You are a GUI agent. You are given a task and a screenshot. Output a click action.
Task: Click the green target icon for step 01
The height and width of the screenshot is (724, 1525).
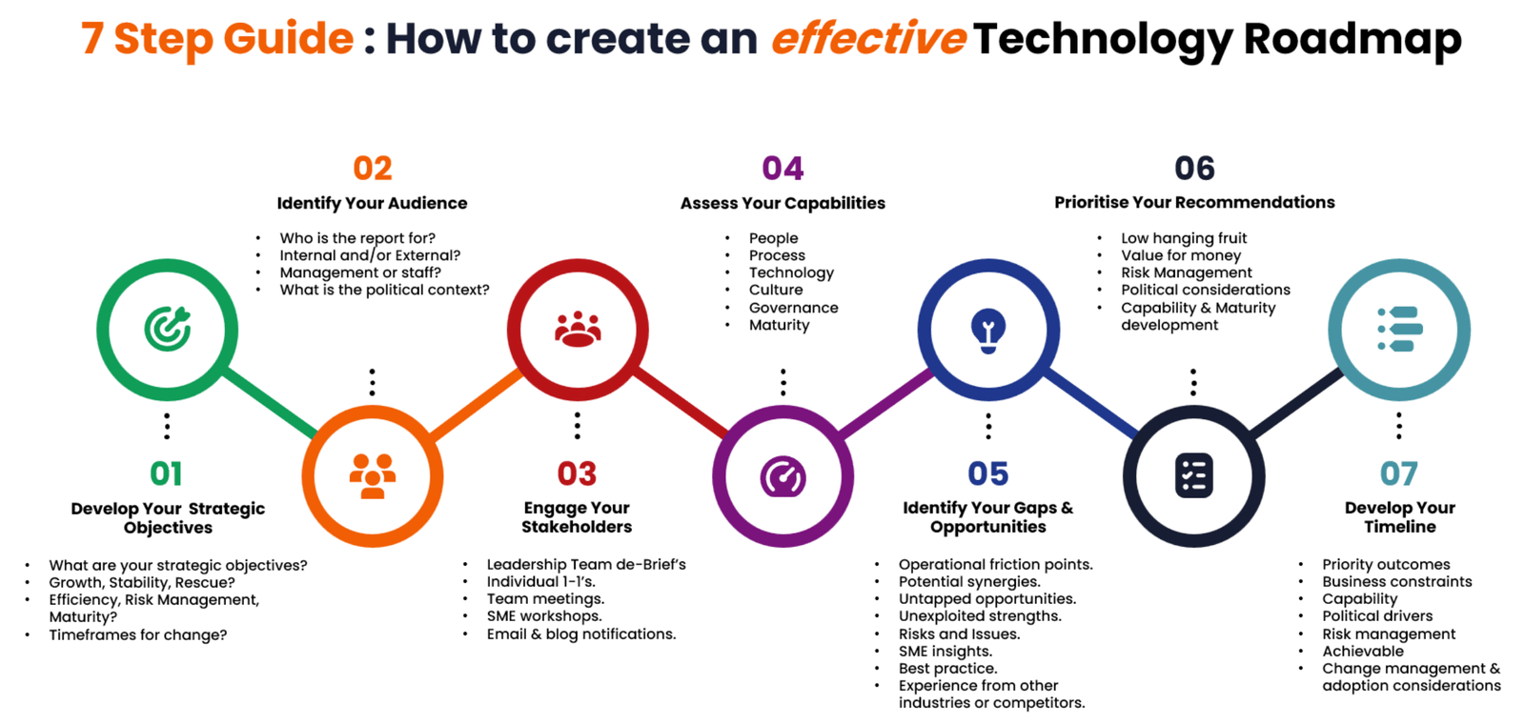(x=168, y=330)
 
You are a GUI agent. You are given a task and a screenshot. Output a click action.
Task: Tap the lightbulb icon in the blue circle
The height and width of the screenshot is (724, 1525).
(x=988, y=331)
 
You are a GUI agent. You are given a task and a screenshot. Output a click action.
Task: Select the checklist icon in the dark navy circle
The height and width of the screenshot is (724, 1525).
(x=1194, y=475)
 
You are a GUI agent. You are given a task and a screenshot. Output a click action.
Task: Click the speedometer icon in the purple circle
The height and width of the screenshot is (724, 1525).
(x=783, y=476)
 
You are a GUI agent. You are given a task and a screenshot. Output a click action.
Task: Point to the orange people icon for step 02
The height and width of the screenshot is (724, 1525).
(x=373, y=475)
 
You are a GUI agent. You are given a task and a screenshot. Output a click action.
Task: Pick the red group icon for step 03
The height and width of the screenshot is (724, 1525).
(x=578, y=330)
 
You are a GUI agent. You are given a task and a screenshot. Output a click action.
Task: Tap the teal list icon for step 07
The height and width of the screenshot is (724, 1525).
(x=1400, y=330)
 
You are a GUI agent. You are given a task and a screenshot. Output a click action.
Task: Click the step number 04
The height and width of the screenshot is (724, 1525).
(x=783, y=168)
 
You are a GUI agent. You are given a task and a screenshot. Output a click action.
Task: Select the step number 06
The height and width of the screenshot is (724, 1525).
(x=1195, y=168)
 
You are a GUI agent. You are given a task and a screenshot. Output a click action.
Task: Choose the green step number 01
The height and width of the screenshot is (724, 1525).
(x=166, y=473)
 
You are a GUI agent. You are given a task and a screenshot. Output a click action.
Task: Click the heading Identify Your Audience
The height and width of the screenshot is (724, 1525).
(x=372, y=203)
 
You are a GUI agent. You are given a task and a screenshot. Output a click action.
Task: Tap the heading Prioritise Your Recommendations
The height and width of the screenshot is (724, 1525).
(x=1195, y=202)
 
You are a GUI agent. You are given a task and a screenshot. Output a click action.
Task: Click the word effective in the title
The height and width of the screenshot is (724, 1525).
(x=868, y=38)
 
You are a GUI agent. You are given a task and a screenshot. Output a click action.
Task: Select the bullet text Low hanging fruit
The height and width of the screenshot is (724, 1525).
(x=1184, y=238)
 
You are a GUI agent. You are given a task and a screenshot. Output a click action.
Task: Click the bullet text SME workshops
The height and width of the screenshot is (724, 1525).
(x=544, y=615)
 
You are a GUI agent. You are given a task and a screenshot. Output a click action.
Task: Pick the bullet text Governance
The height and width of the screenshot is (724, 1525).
(x=794, y=308)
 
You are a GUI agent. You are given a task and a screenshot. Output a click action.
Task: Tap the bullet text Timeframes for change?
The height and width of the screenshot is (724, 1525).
(x=137, y=634)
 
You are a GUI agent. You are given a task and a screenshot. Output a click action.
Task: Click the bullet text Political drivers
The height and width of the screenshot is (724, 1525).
(x=1377, y=615)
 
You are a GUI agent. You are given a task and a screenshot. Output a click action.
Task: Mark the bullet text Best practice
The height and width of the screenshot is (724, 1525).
(x=947, y=668)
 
